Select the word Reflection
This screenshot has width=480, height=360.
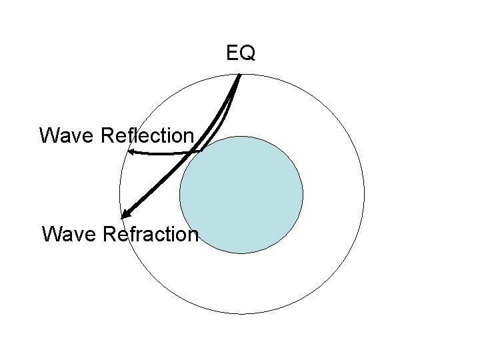tap(147, 135)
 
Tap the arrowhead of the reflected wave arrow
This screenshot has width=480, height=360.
tap(131, 153)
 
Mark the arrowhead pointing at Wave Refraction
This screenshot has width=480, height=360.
tap(125, 215)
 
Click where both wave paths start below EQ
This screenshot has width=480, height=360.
tap(239, 75)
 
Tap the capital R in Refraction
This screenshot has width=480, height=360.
tap(111, 234)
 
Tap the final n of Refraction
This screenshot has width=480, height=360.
tap(193, 234)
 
